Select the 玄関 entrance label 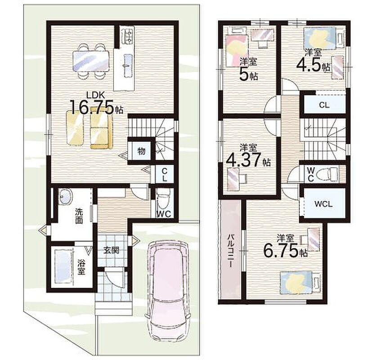111,250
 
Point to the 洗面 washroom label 79,216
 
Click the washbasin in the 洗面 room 65,196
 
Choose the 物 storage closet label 141,151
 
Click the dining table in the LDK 91,61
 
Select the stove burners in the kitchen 127,36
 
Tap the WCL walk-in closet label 323,204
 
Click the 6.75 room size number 282,251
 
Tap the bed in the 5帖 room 237,47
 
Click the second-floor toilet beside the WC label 327,173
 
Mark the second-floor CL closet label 324,105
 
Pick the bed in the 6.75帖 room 301,282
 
